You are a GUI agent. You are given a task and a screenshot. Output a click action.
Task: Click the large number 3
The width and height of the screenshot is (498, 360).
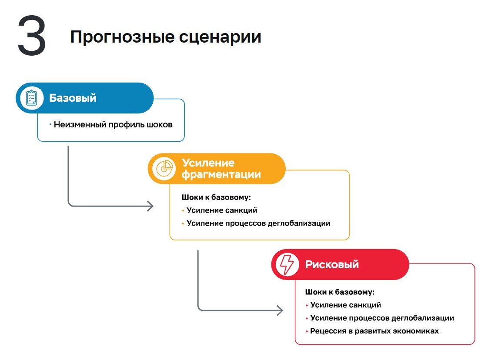pos(32,36)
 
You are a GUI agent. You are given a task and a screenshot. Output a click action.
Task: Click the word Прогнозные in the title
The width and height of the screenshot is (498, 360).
pos(122,37)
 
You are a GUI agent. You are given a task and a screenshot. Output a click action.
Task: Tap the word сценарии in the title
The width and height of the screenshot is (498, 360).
pos(220,37)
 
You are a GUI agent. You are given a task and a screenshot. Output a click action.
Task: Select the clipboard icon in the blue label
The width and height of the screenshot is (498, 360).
pos(31,98)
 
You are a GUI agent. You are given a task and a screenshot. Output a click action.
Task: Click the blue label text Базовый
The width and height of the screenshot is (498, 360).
pos(73,98)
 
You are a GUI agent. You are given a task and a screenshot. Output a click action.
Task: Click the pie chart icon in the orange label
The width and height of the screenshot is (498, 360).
pos(164,169)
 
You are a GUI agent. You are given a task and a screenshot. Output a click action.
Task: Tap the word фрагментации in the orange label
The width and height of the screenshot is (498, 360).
pos(221,175)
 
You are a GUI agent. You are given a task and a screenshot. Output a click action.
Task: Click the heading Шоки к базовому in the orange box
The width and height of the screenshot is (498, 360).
pos(216,197)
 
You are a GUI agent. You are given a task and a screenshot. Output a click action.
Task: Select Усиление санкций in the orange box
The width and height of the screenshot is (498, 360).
pos(222,210)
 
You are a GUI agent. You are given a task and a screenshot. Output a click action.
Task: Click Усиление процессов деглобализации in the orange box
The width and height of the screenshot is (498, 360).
pos(258,223)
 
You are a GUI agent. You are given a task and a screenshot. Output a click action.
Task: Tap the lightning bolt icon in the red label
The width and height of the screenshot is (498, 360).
pos(287,264)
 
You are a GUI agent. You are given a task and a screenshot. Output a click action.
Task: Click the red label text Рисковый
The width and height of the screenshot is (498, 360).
pos(332,264)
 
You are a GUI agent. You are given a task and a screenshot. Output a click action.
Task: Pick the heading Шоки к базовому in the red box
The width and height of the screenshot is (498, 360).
pos(340,292)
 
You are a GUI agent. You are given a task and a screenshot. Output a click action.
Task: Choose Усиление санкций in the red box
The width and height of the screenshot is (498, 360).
pos(345,305)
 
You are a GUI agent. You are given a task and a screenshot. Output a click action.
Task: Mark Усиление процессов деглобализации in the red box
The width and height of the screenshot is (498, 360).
pos(382,318)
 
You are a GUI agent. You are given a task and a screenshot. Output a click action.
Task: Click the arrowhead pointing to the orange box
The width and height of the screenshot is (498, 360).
pos(150,206)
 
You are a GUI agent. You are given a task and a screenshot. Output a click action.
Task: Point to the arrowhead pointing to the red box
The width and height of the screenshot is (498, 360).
pos(280,310)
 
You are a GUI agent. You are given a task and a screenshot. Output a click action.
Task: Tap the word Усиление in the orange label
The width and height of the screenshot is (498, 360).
pos(208,163)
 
